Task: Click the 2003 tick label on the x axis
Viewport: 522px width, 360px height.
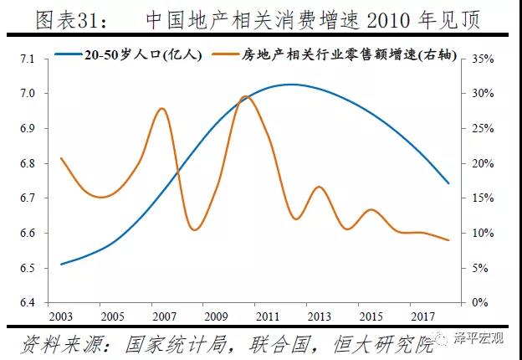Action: (x=60, y=316)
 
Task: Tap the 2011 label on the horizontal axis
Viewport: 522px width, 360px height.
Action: (x=268, y=316)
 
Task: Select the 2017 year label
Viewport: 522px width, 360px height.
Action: (x=422, y=316)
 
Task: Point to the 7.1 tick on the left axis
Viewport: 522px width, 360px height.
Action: (x=28, y=59)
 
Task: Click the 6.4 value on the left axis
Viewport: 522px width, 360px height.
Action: (x=28, y=303)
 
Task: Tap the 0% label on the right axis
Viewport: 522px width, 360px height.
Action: (x=480, y=303)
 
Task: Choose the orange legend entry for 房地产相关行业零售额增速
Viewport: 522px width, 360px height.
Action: (x=336, y=55)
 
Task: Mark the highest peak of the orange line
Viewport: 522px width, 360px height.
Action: (x=244, y=96)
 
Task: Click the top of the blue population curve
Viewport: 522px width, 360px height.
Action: (x=291, y=85)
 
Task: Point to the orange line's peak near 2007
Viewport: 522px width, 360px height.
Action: (x=161, y=109)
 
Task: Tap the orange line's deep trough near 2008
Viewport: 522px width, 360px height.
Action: (x=196, y=229)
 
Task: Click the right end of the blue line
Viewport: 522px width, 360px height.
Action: (x=448, y=183)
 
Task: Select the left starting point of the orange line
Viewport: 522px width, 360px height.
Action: (x=61, y=158)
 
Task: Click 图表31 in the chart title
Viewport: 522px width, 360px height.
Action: (x=71, y=21)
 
